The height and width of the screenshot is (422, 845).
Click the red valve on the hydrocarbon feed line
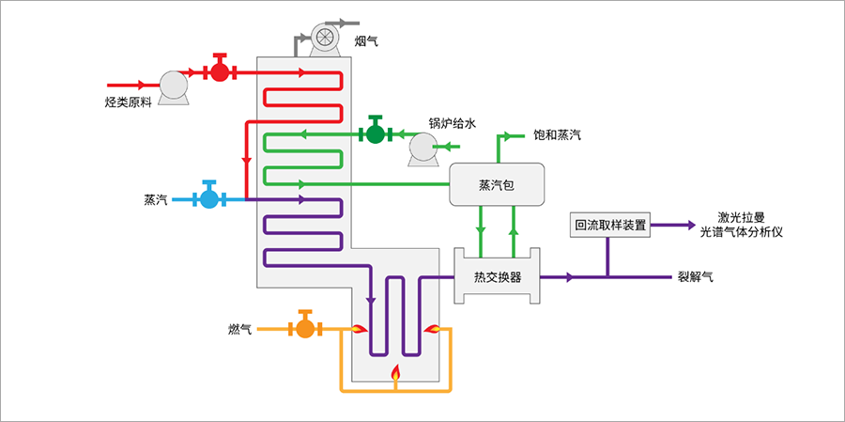click(x=220, y=71)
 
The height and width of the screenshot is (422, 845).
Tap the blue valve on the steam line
click(x=208, y=198)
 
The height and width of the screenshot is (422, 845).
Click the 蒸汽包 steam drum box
click(x=497, y=184)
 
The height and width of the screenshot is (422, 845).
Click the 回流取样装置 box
click(x=609, y=225)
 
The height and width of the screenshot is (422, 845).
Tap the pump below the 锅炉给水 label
click(x=423, y=148)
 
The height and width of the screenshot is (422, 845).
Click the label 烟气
click(x=367, y=41)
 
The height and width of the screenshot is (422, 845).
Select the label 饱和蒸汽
click(x=557, y=135)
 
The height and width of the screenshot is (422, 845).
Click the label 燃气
click(x=240, y=329)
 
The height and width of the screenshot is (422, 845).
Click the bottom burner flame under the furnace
click(x=396, y=375)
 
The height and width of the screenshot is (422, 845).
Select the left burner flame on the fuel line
click(x=359, y=328)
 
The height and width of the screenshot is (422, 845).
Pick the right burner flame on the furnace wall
click(x=433, y=328)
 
